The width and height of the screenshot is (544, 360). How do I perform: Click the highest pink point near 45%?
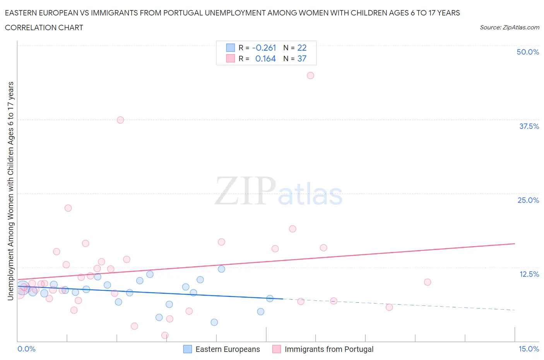pos(310,75)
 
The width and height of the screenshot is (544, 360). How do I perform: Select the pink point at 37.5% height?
pos(120,120)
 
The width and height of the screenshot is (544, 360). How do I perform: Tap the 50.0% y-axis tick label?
pos(528,52)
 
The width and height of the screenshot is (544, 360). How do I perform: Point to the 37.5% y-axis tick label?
pos(529,126)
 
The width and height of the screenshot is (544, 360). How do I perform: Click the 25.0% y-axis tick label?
pos(528,200)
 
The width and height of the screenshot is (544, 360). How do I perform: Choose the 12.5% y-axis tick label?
pos(529,274)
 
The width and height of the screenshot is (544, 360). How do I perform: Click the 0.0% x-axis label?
pos(26,349)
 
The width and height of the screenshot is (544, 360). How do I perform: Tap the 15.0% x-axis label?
pos(529,349)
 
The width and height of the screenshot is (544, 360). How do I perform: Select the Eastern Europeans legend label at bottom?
pos(228,349)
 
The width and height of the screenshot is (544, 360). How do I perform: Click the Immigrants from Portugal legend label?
pos(329,349)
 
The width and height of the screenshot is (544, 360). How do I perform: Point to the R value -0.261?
pos(264,48)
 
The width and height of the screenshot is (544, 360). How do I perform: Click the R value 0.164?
pos(265,58)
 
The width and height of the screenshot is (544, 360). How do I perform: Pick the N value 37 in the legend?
pos(302,58)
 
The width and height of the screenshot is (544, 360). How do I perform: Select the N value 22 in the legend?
pos(302,48)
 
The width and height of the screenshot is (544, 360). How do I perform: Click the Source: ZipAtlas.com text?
pos(509,27)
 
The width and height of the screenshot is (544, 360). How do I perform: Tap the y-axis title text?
pos(10,191)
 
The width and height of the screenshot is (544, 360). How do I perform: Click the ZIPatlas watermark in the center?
pos(279,192)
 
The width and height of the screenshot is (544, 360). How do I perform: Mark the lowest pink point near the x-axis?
pos(165,335)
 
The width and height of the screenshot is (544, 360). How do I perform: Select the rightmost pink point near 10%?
pos(428,282)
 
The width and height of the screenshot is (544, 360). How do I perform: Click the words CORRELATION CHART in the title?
pos(44,27)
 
